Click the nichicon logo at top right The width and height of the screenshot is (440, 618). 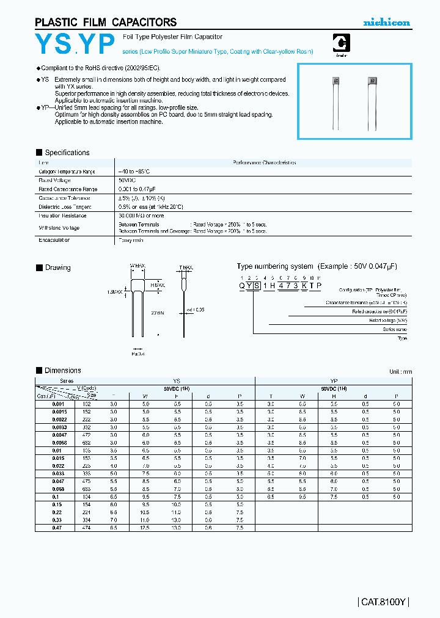coord(387,22)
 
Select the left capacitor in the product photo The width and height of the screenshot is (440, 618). coord(335,81)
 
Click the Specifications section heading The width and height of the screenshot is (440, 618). coord(67,153)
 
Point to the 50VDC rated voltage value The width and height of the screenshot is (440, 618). coord(127,180)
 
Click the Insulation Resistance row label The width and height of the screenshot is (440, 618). coord(62,216)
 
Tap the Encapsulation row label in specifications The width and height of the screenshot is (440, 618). coord(54,240)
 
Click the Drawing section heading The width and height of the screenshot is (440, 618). coord(57,267)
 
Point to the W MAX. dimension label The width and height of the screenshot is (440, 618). coord(137,267)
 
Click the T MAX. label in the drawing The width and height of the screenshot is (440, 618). coord(186,267)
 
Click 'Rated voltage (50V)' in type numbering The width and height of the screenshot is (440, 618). coord(388,320)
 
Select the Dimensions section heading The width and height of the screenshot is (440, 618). coord(62,370)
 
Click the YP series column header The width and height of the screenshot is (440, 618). coord(334,380)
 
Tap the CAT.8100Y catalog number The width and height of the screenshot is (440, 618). coord(383,602)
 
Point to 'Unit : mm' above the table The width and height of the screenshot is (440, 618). coord(400,371)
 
